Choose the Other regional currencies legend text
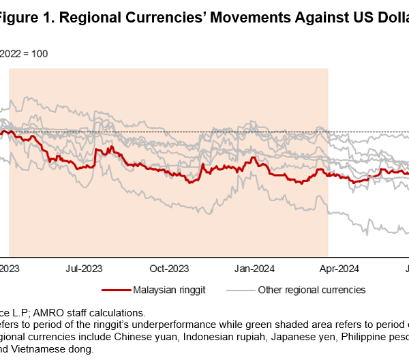pos(312,290)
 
